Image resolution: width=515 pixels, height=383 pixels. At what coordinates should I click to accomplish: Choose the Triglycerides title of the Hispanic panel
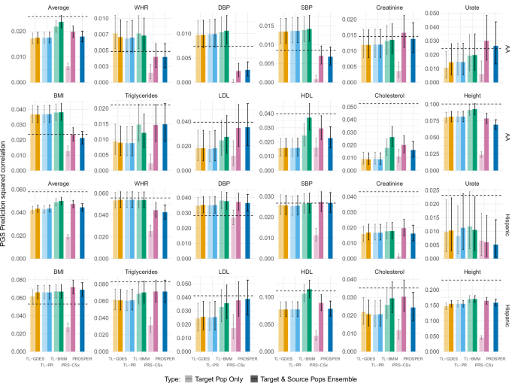(132, 278)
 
